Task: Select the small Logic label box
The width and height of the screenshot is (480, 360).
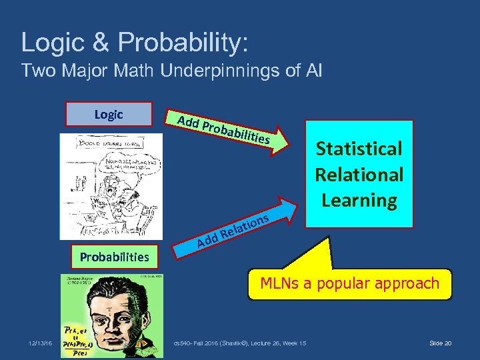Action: coord(109,114)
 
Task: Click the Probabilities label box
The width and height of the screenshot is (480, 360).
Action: coord(115,256)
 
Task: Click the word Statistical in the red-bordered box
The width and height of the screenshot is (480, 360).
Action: coord(359,148)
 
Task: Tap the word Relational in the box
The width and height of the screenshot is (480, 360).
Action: coord(359,174)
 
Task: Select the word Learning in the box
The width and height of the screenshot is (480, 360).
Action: coord(359,199)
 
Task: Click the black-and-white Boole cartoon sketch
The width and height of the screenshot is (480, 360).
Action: coord(111,187)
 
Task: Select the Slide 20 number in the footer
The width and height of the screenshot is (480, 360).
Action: coord(440,343)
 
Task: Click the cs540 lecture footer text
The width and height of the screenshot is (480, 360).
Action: coord(239,343)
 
